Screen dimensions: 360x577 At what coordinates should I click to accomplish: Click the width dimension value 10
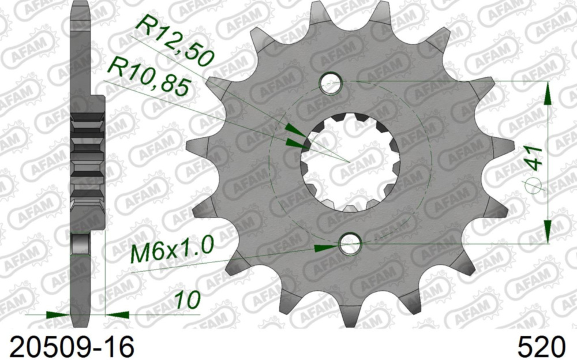187,300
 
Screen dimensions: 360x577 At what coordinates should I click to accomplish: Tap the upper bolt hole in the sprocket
331,82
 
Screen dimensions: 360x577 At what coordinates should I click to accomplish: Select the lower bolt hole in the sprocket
350,245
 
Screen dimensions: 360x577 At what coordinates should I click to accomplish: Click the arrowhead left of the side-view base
58,315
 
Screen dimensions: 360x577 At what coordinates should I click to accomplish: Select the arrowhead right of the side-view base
118,315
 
